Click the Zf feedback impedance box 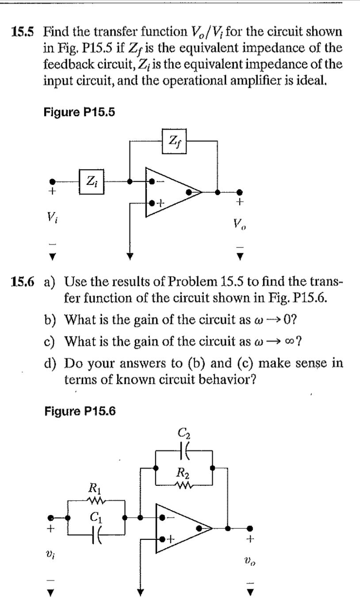[x=175, y=141]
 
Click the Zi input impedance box [x=92, y=181]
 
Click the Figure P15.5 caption [x=79, y=112]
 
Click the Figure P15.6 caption [x=80, y=411]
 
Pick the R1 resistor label [x=94, y=489]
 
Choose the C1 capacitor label [x=94, y=516]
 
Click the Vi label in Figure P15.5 [x=52, y=217]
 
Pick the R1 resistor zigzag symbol [x=96, y=501]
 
